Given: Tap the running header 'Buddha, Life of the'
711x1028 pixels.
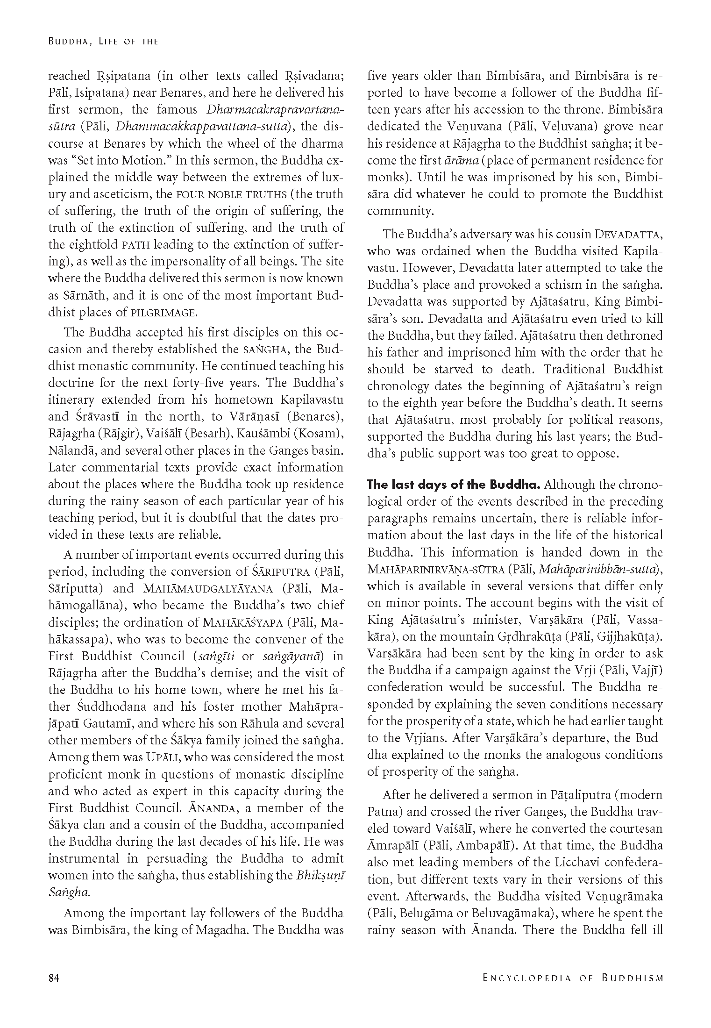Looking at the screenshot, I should pyautogui.click(x=103, y=42).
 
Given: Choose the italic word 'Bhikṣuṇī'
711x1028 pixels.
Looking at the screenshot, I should pyautogui.click(x=320, y=875).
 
